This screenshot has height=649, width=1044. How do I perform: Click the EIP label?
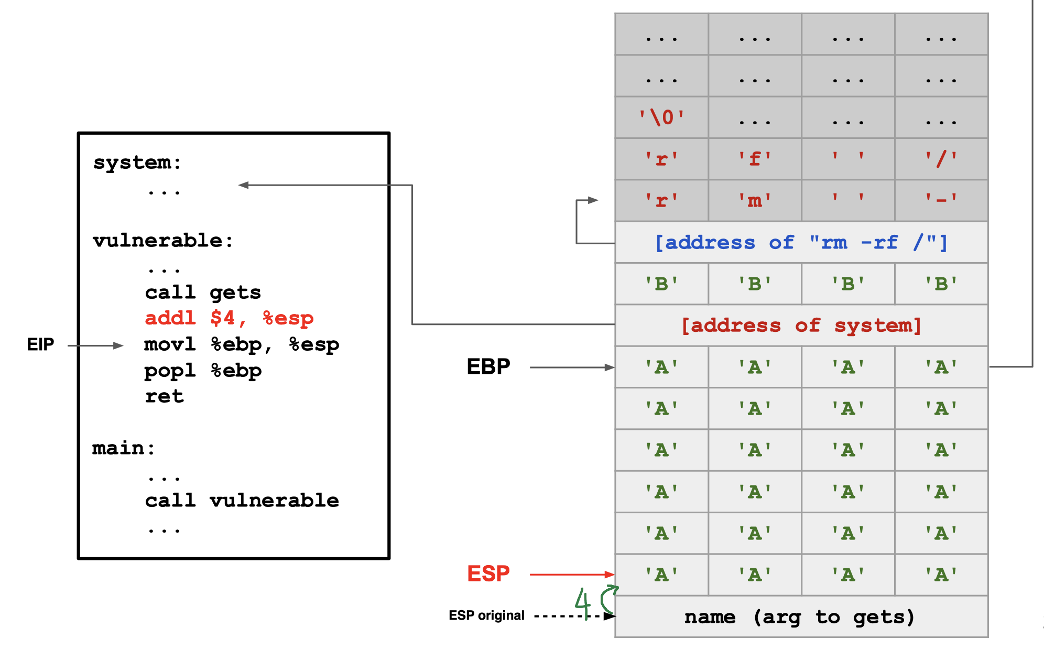(x=40, y=344)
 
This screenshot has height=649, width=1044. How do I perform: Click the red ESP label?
(x=488, y=574)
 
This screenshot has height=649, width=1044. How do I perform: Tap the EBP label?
(x=488, y=366)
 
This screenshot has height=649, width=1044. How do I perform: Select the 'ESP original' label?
(x=486, y=615)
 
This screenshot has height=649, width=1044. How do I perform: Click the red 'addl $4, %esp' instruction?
(x=229, y=318)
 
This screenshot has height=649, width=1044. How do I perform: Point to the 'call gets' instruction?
(x=203, y=292)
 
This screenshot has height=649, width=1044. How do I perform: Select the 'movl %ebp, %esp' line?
(x=242, y=344)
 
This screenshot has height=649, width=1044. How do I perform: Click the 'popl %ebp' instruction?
(x=203, y=371)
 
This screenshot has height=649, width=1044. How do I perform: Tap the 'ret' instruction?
(x=164, y=396)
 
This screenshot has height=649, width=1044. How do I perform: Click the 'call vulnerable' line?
(x=242, y=500)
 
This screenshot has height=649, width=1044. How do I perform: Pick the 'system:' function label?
(x=137, y=163)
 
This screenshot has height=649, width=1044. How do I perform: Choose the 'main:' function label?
(x=124, y=448)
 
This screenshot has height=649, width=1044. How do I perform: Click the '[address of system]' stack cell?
(x=801, y=326)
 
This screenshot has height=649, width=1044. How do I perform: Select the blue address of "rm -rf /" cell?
(x=801, y=242)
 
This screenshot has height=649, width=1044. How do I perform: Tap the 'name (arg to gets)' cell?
(x=801, y=616)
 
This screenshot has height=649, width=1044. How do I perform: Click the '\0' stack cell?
(x=661, y=117)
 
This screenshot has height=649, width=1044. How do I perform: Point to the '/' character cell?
(x=941, y=159)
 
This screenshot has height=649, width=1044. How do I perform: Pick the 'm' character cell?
(x=755, y=200)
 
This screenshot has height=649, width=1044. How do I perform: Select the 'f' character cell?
(x=755, y=159)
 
